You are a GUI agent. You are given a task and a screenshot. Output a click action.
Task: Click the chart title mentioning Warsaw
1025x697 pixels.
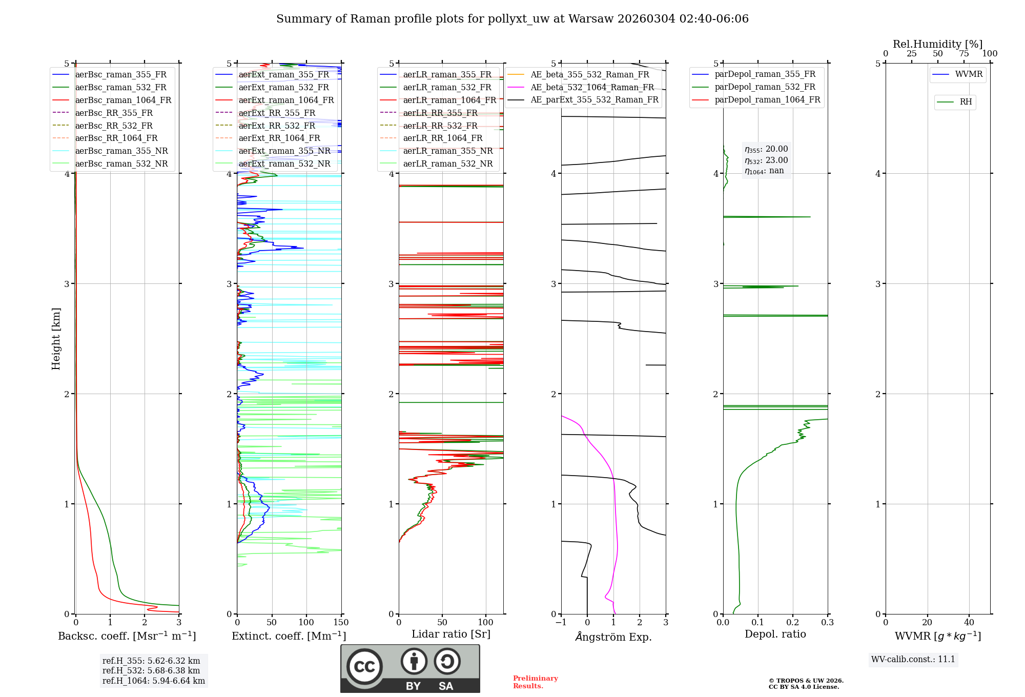pyautogui.click(x=512, y=19)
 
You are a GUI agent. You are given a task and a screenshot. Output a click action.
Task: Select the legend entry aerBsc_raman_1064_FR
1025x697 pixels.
pyautogui.click(x=123, y=100)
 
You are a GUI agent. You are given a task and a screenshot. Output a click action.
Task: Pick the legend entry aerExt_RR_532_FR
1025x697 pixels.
pyautogui.click(x=277, y=126)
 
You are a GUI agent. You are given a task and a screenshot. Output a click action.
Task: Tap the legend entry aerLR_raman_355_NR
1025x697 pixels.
pyautogui.click(x=447, y=151)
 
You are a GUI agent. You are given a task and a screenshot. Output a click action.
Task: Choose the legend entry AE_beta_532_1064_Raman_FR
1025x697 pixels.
pyautogui.click(x=592, y=87)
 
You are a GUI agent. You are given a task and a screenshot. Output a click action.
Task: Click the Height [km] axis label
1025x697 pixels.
pyautogui.click(x=56, y=338)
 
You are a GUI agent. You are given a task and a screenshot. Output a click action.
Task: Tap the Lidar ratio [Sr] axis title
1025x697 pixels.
pyautogui.click(x=451, y=634)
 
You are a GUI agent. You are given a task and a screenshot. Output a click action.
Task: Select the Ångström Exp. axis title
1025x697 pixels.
pyautogui.click(x=613, y=637)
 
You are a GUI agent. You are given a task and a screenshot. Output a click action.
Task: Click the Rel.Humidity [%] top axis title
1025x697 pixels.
pyautogui.click(x=937, y=44)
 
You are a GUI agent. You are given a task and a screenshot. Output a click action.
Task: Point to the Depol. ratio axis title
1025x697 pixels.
pyautogui.click(x=775, y=634)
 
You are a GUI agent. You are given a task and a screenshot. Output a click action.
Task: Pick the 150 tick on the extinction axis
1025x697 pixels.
pyautogui.click(x=341, y=623)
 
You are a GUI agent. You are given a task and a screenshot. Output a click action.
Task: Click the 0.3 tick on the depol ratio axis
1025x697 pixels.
pyautogui.click(x=827, y=623)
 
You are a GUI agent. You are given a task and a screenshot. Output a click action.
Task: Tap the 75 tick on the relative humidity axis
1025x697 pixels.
pyautogui.click(x=964, y=54)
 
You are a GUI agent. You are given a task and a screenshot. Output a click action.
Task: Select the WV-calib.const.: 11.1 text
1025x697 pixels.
pyautogui.click(x=913, y=659)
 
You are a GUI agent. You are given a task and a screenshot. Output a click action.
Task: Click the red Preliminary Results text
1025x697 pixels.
pyautogui.click(x=535, y=682)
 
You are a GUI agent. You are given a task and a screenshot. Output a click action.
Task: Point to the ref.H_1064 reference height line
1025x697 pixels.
pyautogui.click(x=154, y=681)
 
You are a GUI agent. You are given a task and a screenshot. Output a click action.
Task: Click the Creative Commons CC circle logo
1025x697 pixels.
pyautogui.click(x=364, y=667)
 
